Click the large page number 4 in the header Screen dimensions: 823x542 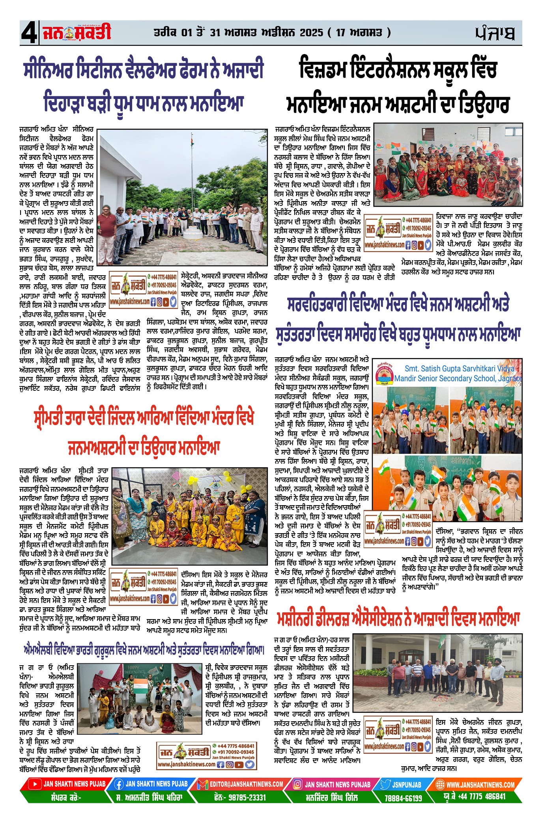click(28, 33)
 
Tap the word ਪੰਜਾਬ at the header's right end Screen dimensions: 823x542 click(495, 33)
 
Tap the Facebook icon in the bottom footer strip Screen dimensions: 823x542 click(118, 784)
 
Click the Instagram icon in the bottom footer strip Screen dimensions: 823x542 click(297, 784)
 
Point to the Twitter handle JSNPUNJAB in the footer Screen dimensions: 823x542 click(407, 784)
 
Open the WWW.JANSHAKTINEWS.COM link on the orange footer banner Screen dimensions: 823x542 click(480, 784)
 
